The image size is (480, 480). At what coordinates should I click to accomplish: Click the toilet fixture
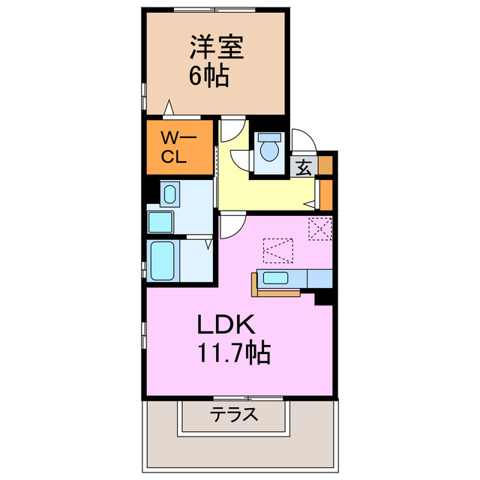[x=268, y=148]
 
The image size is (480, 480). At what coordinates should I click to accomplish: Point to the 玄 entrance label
[x=304, y=167]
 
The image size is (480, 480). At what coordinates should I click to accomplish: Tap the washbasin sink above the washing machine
[x=169, y=195]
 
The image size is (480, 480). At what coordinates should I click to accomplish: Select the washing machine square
[x=160, y=222]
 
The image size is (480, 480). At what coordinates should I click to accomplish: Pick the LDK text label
[x=226, y=324]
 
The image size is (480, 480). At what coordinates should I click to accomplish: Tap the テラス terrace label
[x=234, y=413]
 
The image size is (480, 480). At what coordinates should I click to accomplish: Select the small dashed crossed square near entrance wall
[x=319, y=227]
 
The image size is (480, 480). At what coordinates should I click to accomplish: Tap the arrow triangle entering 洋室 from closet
[x=170, y=109]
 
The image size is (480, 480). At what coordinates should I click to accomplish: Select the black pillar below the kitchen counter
[x=324, y=297]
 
